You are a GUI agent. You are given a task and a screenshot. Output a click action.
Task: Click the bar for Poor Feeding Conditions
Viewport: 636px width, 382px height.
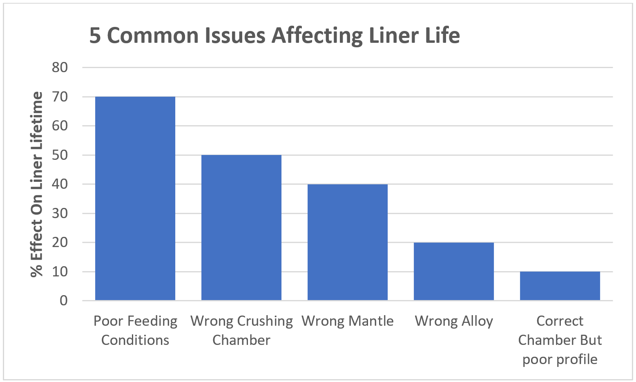[x=135, y=199]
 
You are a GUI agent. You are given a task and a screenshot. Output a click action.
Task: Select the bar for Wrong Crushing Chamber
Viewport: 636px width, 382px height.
[x=241, y=227]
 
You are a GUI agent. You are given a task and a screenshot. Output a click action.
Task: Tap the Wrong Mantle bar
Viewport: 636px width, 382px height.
[x=348, y=242]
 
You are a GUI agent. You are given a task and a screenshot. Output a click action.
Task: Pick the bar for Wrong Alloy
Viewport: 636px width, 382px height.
[x=454, y=271]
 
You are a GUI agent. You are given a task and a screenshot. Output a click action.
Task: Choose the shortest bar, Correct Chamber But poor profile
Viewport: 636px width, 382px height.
[x=560, y=286]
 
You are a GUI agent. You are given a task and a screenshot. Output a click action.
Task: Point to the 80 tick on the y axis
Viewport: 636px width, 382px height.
[x=60, y=67]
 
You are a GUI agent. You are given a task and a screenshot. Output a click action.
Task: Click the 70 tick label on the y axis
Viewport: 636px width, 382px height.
[x=60, y=97]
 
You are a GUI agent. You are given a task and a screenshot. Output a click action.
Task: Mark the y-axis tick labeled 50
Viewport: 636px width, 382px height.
[x=60, y=155]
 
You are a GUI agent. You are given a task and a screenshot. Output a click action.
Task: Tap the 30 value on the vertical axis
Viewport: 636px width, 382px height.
[x=60, y=213]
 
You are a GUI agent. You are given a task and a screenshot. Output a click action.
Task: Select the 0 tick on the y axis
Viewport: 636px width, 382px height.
[x=64, y=300]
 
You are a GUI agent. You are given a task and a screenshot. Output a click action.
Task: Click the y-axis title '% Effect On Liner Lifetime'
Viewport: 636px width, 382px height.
[x=37, y=184]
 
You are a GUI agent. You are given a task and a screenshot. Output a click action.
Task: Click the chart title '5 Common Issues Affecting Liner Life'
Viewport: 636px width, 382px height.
[x=274, y=35]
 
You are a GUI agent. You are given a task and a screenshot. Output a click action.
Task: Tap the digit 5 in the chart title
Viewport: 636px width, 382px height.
[x=95, y=35]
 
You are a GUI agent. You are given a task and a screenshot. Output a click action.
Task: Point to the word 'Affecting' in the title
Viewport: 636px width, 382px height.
[x=317, y=35]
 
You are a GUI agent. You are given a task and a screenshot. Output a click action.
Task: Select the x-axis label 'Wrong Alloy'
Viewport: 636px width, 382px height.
[x=454, y=321]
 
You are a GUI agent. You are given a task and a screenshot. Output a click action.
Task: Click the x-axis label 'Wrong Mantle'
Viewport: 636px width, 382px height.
[x=348, y=321]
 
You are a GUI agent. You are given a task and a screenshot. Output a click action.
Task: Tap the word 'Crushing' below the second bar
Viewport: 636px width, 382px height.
[x=266, y=321]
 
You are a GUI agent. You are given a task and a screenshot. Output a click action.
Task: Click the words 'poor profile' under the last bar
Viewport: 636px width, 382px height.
[x=560, y=359]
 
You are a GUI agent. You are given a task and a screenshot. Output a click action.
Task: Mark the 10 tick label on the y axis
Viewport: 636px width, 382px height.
[x=60, y=272]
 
